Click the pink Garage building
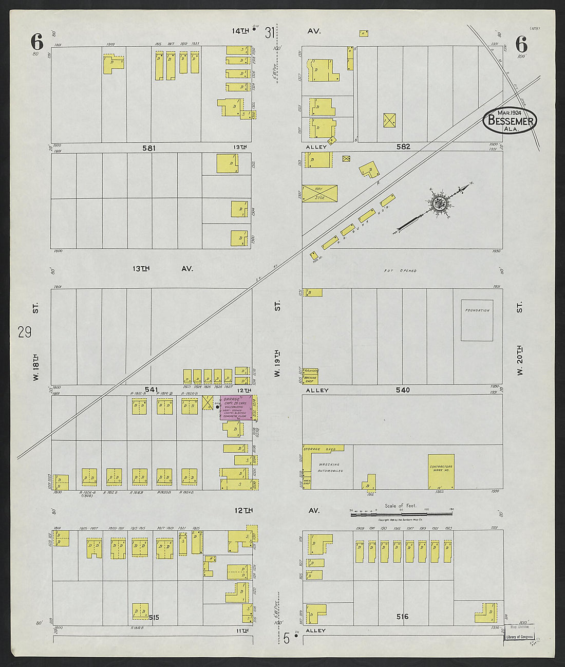coord(236,408)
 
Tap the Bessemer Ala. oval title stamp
coord(510,121)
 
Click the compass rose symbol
coord(439,202)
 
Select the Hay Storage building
coord(319,193)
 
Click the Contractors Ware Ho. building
coord(441,471)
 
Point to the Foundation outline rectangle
coord(477,320)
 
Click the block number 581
coord(149,147)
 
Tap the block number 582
coord(403,147)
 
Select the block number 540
coord(403,390)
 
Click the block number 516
coord(402,616)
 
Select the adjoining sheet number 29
coord(24,332)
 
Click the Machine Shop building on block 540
coord(310,379)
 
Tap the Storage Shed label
coord(319,449)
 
